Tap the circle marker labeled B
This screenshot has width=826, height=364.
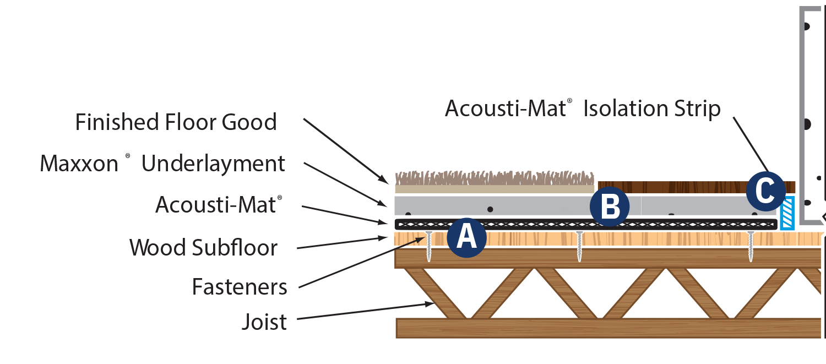coord(609,208)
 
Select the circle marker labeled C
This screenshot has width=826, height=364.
coord(766,191)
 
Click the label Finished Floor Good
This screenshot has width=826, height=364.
coord(176,122)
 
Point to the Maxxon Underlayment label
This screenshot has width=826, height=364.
coord(163,164)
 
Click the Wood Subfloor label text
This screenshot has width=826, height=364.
coord(203,248)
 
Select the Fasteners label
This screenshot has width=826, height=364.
coord(240,287)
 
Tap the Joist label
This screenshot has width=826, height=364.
coord(264,322)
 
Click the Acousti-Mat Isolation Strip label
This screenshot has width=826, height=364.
coord(583,108)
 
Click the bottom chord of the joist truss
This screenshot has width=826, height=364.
coord(606,328)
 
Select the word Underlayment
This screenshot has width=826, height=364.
coord(214,164)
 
